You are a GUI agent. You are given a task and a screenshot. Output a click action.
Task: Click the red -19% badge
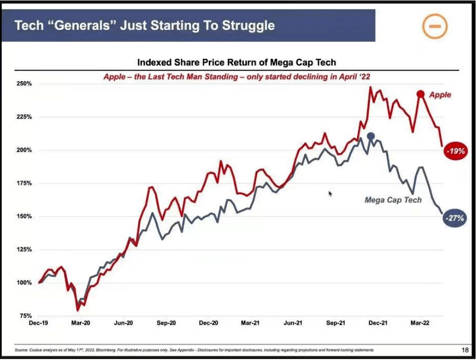pos(456,151)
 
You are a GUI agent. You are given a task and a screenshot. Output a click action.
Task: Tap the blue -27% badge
pos(455,218)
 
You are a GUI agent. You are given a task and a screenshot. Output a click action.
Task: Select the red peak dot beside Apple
pos(420,95)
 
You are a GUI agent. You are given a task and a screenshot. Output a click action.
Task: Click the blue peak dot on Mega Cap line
pos(370,136)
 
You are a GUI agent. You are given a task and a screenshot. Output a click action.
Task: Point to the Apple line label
pos(440,95)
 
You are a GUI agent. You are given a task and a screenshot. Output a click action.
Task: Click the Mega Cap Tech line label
pos(393,200)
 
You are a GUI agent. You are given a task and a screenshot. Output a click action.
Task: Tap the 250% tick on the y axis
pos(24,84)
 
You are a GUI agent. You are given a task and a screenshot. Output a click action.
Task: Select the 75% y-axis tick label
pos(26,316)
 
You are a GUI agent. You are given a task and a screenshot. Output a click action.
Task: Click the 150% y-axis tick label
pos(24,216)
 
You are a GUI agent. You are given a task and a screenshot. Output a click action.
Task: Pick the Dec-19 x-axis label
pos(38,323)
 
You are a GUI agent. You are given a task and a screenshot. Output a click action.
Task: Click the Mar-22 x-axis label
pos(420,323)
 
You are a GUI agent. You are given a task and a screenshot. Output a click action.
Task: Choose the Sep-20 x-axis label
pos(166,323)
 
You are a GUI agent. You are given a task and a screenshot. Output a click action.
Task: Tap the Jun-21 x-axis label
pos(292,323)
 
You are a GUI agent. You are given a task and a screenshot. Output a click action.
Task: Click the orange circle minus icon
pos(435,27)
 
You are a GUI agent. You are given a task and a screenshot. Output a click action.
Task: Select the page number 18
pos(465,350)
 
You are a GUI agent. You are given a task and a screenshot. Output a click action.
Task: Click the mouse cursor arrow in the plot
pos(330,194)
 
